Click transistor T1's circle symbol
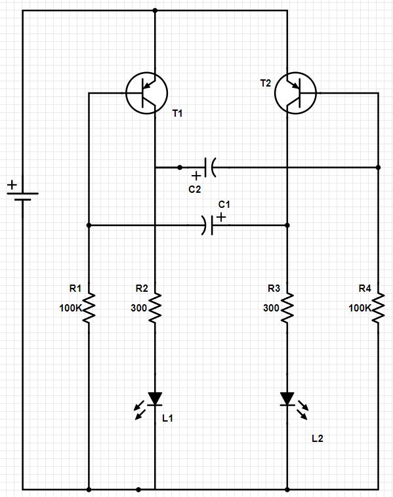pyautogui.click(x=126, y=93)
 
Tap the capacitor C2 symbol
pyautogui.click(x=210, y=167)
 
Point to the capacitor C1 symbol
pyautogui.click(x=208, y=226)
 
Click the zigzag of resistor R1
pyautogui.click(x=89, y=308)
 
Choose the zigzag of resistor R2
pyautogui.click(x=155, y=308)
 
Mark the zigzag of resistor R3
pyautogui.click(x=287, y=308)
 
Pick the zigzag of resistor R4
pyautogui.click(x=379, y=308)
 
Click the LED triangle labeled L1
pyautogui.click(x=155, y=399)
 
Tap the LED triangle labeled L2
pyautogui.click(x=287, y=399)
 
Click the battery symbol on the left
pyautogui.click(x=22, y=196)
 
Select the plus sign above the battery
pyautogui.click(x=12, y=184)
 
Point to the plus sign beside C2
pyautogui.click(x=196, y=175)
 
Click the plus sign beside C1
pyautogui.click(x=221, y=217)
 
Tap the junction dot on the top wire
pyautogui.click(x=155, y=10)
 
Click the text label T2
pyautogui.click(x=266, y=83)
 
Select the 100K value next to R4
pyautogui.click(x=360, y=308)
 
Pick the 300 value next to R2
pyautogui.click(x=138, y=308)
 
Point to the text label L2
pyautogui.click(x=317, y=439)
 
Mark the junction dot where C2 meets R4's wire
pyautogui.click(x=378, y=167)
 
